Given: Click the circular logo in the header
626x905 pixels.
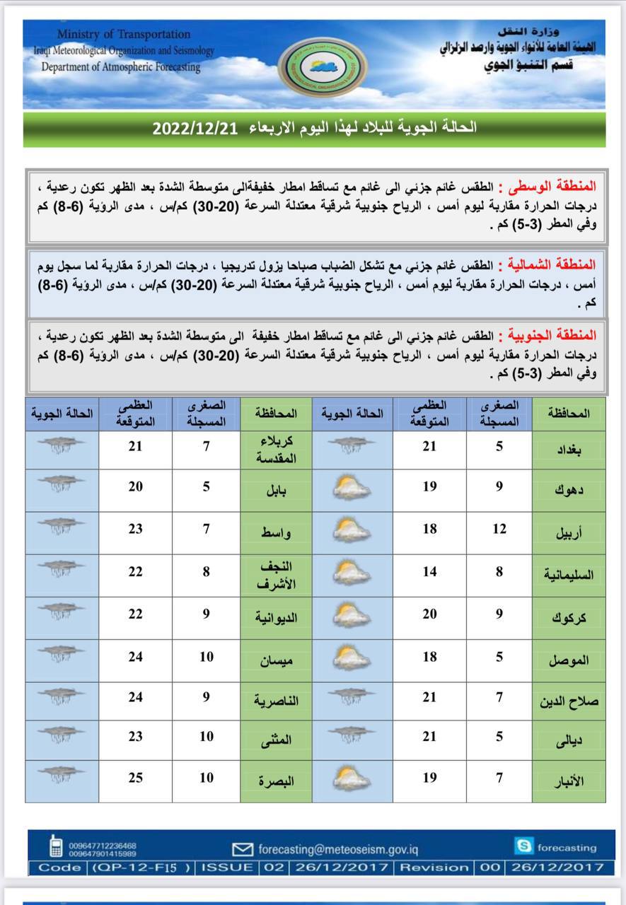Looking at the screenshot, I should pyautogui.click(x=322, y=67).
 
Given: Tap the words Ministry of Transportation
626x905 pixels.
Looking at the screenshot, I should pyautogui.click(x=124, y=34).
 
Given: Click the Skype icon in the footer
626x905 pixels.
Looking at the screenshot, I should pyautogui.click(x=524, y=846).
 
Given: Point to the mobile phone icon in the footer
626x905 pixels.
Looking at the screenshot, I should pyautogui.click(x=54, y=848).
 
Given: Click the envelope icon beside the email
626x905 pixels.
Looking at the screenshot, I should pyautogui.click(x=243, y=848).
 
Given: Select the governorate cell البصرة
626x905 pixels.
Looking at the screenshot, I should pyautogui.click(x=276, y=781).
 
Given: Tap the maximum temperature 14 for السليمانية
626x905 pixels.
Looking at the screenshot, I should pyautogui.click(x=429, y=572).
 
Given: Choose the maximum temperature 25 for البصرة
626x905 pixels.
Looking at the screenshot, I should pyautogui.click(x=135, y=778).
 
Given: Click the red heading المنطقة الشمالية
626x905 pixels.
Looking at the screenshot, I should pyautogui.click(x=557, y=266).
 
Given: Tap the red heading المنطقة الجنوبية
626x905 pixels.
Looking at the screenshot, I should pyautogui.click(x=557, y=334).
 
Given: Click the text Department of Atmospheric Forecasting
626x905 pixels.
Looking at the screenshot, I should pyautogui.click(x=121, y=67).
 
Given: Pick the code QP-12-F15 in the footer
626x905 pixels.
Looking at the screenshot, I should pyautogui.click(x=141, y=867).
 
